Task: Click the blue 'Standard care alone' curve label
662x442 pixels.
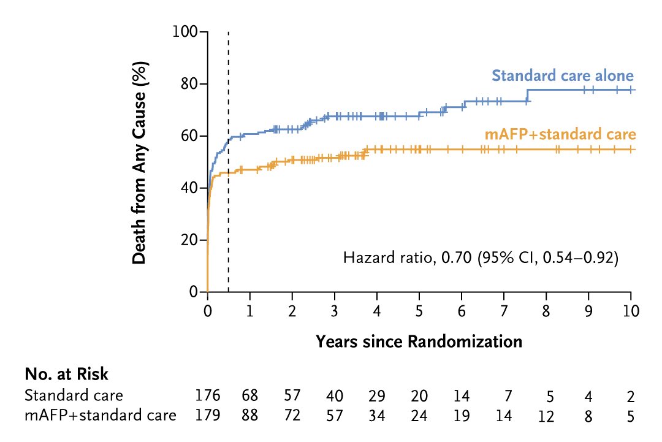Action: click(563, 76)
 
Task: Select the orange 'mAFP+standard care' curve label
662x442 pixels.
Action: click(559, 134)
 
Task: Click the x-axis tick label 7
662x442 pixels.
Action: click(504, 311)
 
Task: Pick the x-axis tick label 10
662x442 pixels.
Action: click(631, 311)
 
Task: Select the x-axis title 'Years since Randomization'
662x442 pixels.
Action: click(419, 341)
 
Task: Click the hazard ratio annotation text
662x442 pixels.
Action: click(481, 258)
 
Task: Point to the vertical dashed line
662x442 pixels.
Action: click(228, 184)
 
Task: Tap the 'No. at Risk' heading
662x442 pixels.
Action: click(66, 374)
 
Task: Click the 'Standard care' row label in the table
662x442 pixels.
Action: click(74, 395)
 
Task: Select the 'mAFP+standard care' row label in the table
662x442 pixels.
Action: click(101, 416)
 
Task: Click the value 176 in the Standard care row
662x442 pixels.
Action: click(207, 395)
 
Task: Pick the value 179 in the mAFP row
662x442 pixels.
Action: click(207, 416)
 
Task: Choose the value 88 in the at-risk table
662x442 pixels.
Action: click(250, 416)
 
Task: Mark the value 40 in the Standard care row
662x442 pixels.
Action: click(335, 395)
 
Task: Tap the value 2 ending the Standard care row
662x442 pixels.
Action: click(631, 395)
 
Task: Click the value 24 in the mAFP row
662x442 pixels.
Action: click(419, 416)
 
